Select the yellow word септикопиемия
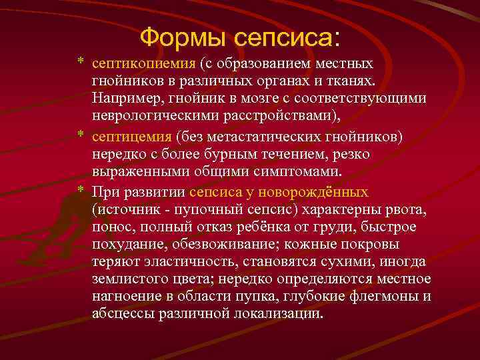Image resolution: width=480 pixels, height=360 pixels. (x=143, y=64)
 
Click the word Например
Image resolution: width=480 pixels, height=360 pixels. (x=123, y=99)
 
